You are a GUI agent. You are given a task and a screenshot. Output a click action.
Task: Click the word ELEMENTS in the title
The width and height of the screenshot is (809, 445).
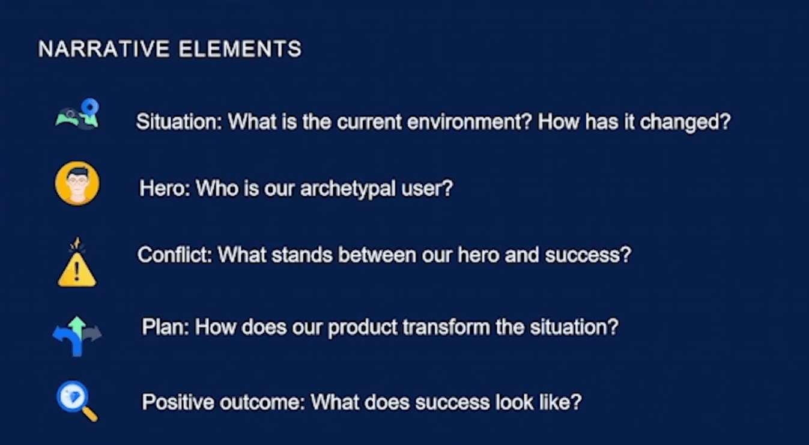[240, 49]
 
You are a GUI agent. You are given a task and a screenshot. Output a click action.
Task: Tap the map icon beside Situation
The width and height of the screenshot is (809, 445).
[77, 114]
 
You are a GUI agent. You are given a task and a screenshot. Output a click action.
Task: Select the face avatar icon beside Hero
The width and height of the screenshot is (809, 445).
[77, 184]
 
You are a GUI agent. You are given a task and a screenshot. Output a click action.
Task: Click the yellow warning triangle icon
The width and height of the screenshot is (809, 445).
[77, 270]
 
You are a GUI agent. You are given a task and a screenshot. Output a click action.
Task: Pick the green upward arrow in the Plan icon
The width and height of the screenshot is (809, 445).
[77, 328]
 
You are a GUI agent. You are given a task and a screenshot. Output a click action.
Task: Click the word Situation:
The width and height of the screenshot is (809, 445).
[179, 121]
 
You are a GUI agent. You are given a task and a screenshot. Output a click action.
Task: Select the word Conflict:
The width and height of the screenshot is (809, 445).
[174, 255]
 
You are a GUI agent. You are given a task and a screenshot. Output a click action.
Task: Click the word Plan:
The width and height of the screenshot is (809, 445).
[165, 327]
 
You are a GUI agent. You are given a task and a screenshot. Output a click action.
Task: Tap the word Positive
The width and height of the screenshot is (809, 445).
[178, 402]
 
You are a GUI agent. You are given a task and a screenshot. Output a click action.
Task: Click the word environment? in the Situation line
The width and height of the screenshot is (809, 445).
[470, 122]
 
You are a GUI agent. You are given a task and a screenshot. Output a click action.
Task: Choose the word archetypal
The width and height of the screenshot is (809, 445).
[348, 189]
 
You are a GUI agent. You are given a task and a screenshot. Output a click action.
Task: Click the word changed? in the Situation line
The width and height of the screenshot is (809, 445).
[685, 121]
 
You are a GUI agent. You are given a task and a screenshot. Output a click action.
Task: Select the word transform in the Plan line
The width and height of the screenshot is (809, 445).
[446, 327]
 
